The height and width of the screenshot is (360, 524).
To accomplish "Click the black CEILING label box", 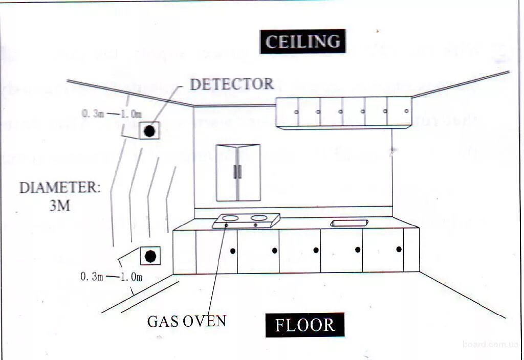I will [x=302, y=41].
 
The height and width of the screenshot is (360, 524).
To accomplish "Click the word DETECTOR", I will [x=232, y=84].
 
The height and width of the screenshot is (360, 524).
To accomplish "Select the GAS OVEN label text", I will [x=186, y=321].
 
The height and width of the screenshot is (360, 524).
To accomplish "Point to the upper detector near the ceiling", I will [x=149, y=131].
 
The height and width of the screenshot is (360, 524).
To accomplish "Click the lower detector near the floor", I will [x=150, y=256].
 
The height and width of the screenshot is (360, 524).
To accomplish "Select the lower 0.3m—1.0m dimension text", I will [x=111, y=277].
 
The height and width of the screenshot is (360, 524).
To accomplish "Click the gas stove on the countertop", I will [x=246, y=220].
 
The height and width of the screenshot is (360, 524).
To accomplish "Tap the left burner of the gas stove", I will [x=231, y=218].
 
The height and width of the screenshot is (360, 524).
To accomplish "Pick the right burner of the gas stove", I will [x=259, y=218].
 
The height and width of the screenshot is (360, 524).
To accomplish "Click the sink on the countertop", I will [x=349, y=223].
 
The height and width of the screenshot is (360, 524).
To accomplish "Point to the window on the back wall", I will [x=238, y=172].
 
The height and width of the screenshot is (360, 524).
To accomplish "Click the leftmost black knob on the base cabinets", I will [x=232, y=251].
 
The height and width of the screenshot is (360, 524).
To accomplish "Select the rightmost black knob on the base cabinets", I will [x=399, y=250].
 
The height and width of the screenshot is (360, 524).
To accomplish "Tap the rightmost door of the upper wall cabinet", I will [x=399, y=111].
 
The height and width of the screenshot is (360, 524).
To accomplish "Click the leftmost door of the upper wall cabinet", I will [x=288, y=112].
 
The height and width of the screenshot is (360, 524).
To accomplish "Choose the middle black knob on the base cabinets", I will [x=316, y=250].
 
